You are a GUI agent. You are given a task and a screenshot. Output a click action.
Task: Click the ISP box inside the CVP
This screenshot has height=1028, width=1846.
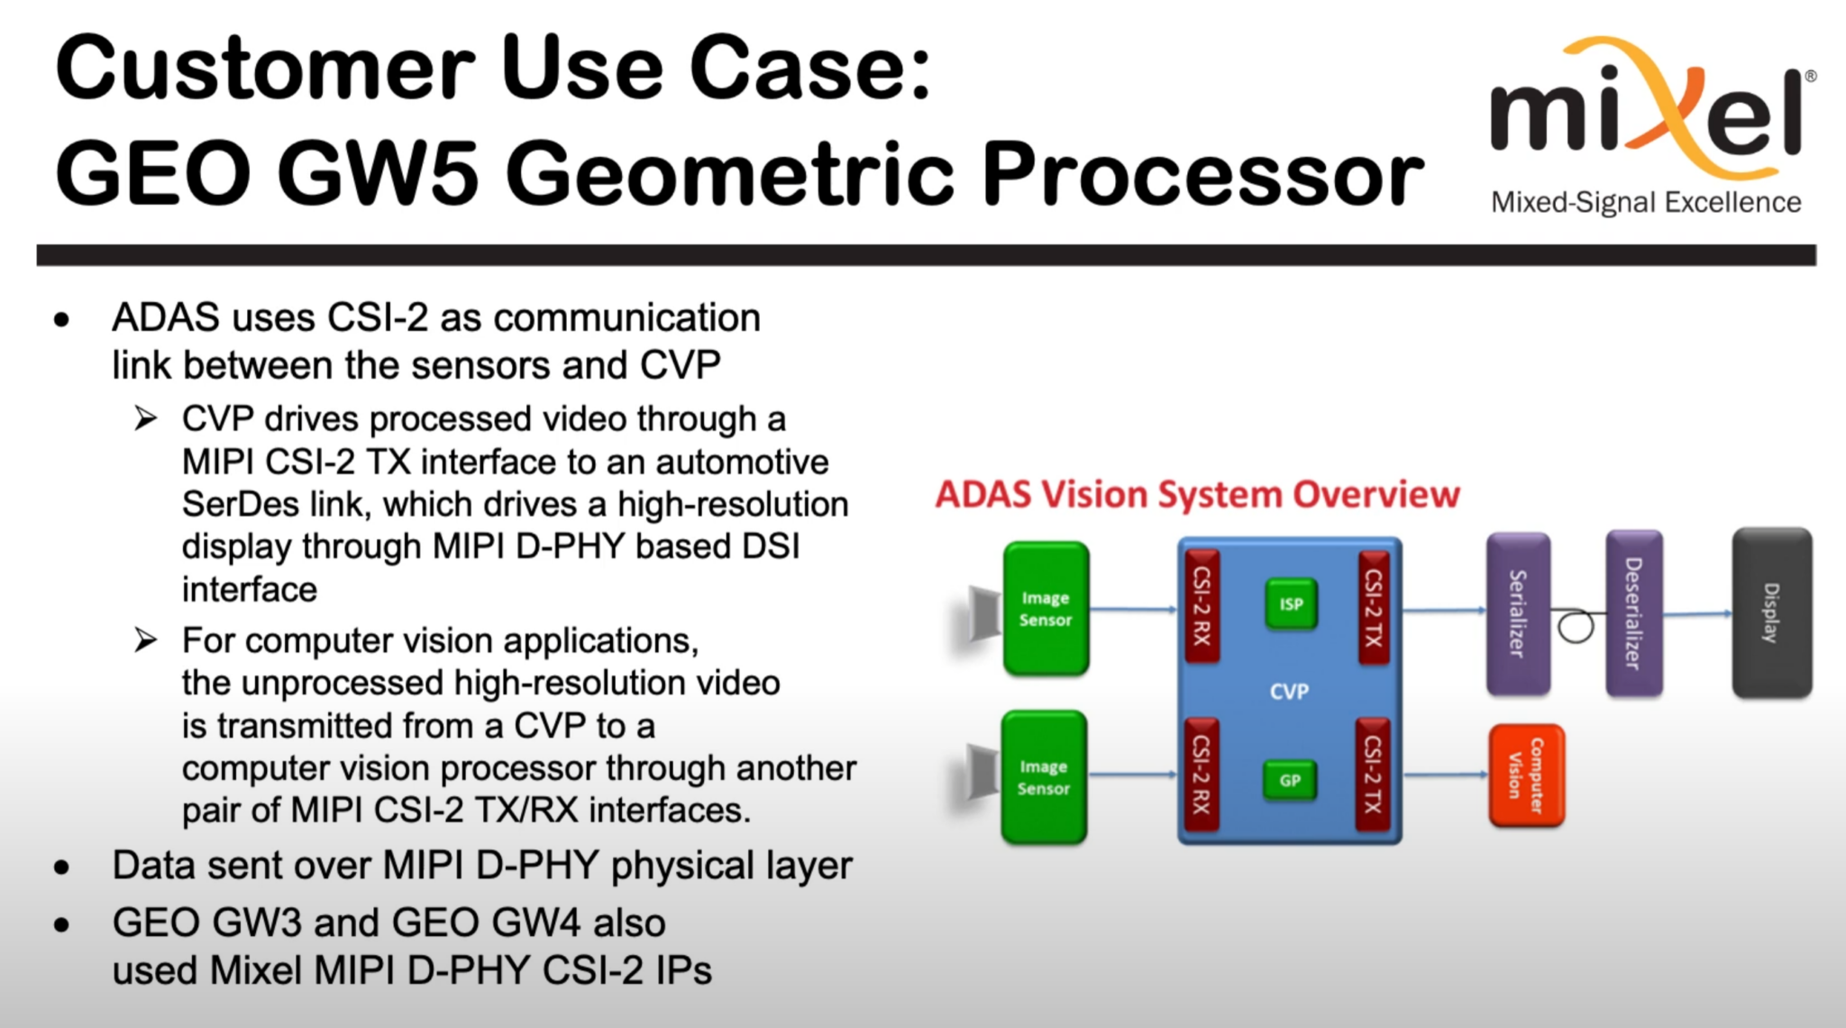[x=1291, y=604]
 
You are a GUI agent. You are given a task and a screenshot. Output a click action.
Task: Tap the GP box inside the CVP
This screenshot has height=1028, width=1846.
[x=1290, y=780]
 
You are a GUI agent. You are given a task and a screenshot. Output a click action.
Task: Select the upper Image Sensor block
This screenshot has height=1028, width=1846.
[x=1046, y=609]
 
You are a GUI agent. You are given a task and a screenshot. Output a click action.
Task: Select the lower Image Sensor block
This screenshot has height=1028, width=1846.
[x=1044, y=777]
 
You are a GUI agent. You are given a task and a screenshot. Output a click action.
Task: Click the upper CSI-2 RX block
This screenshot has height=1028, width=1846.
[x=1202, y=606]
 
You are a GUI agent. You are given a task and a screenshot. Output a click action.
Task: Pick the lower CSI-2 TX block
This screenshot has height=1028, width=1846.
[x=1373, y=775]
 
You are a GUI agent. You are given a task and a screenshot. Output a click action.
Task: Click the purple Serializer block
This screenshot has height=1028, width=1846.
[x=1518, y=614]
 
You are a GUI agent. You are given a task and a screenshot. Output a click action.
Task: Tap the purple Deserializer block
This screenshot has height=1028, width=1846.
[x=1633, y=613]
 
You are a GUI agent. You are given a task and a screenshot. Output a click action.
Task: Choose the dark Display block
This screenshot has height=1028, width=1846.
[x=1771, y=613]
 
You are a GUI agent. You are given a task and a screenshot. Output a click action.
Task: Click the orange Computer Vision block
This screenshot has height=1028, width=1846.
[x=1526, y=776]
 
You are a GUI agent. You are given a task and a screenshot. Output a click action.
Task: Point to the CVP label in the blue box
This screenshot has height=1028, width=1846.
[x=1289, y=692]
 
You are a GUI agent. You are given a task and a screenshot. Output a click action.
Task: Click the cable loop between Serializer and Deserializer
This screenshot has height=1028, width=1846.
[x=1576, y=626]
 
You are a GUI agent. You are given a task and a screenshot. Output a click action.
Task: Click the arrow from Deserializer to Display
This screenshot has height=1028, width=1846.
[x=1696, y=614]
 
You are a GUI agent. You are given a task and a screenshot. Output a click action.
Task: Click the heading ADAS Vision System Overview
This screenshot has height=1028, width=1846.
[x=1197, y=495]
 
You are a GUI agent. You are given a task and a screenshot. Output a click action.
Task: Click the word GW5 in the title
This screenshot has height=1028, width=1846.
[x=378, y=173]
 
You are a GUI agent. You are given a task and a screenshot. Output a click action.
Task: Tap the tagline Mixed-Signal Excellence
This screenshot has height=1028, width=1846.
[x=1646, y=203]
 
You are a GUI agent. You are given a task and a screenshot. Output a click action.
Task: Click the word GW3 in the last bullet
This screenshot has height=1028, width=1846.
[x=257, y=923]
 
